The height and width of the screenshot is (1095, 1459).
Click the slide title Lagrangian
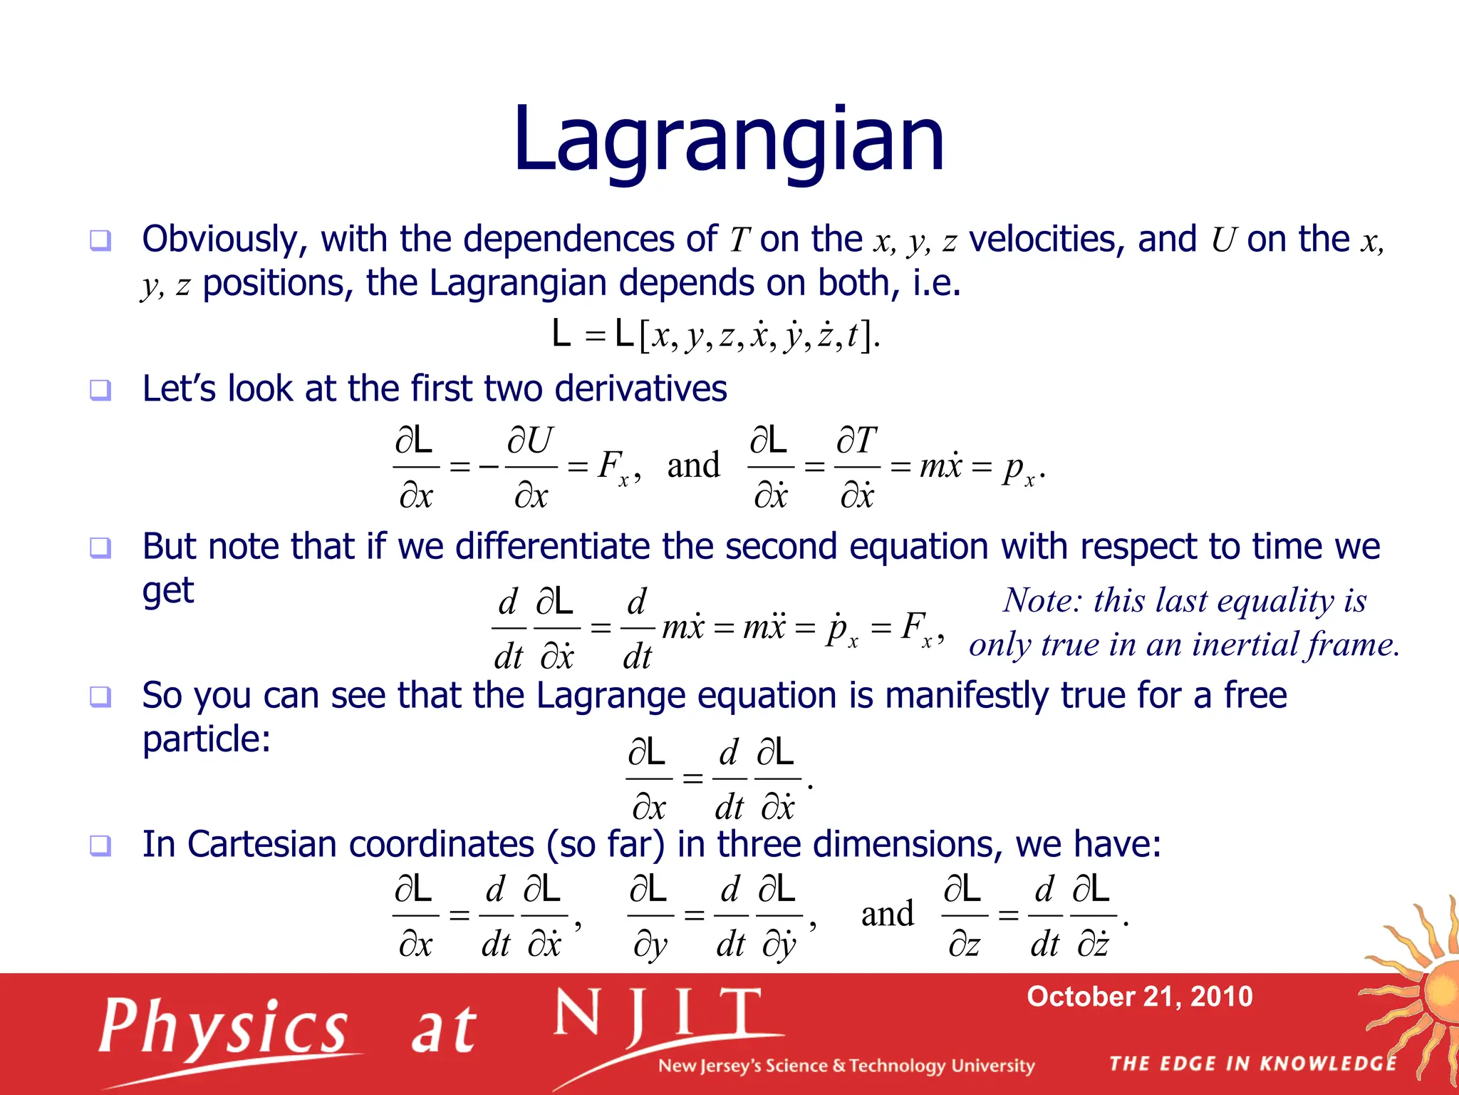click(728, 140)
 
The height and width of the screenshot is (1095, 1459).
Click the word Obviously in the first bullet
click(224, 240)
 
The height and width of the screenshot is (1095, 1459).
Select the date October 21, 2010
click(1139, 996)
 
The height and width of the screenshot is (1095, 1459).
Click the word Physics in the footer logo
click(224, 1027)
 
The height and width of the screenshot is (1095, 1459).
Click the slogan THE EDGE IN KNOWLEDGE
click(1252, 1064)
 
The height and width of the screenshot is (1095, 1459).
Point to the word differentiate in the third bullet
click(551, 547)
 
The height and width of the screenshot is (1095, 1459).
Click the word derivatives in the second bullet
click(640, 389)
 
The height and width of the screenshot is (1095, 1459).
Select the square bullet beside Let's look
click(100, 390)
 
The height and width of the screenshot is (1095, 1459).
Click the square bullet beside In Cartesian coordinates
click(100, 845)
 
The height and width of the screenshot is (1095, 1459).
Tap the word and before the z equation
click(887, 914)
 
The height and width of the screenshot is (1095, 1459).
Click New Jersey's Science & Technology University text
click(846, 1066)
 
